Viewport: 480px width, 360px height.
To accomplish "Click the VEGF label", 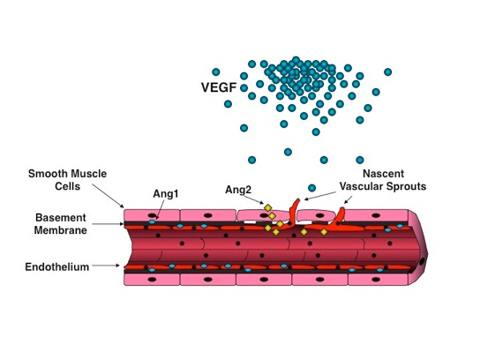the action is pos(219,87).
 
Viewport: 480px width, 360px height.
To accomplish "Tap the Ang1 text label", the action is pos(166,194).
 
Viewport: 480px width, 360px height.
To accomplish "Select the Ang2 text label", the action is pos(238,190).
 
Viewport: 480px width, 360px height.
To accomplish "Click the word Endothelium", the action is pos(57,267).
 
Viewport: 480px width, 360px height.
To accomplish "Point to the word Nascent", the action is pos(383,174).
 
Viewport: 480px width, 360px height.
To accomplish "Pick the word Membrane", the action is pos(60,230).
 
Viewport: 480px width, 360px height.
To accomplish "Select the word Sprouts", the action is pos(407,186).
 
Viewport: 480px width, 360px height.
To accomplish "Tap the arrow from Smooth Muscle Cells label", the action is pos(108,196).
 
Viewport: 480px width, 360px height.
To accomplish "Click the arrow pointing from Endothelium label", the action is pos(106,266).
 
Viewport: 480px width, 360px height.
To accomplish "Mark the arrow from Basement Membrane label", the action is pos(108,224).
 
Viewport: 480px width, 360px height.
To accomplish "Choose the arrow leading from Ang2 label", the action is pos(254,199).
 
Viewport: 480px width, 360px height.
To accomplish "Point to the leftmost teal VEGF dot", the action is pos(216,72).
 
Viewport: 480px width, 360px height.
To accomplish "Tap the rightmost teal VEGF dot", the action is pos(388,72).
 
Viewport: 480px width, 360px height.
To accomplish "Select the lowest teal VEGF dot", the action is pos(311,188).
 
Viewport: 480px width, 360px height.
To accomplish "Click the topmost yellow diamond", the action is pos(268,208).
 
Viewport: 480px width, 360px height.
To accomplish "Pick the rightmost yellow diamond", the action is pos(324,232).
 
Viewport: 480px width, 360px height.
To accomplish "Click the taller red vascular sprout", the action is pos(295,212).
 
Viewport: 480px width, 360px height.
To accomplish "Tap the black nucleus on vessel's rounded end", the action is pos(422,262).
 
